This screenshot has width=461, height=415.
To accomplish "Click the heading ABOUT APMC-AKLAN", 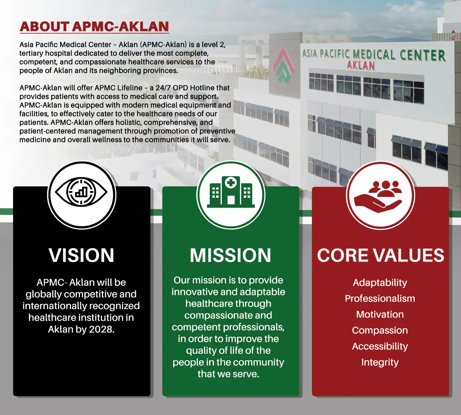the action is (x=94, y=27).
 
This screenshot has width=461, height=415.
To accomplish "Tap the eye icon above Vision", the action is (x=81, y=192).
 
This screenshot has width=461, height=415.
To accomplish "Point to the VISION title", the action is (x=81, y=255).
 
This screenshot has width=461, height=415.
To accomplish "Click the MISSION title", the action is (x=230, y=255).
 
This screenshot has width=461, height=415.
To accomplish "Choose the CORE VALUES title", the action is (x=381, y=255).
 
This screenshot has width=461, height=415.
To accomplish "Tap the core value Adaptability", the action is (x=380, y=283).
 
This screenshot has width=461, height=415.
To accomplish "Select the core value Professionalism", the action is (x=380, y=298).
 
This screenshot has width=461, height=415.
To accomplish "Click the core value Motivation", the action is (x=380, y=314).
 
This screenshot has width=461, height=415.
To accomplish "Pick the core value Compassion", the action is (x=380, y=330).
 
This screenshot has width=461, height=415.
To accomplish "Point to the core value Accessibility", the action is (x=380, y=346).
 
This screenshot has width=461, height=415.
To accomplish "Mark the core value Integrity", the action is (x=380, y=362).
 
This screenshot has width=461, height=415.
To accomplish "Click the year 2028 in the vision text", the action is (x=102, y=329).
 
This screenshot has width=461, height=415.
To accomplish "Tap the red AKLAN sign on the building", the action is (x=361, y=66).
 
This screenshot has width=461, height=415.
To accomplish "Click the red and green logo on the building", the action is (x=283, y=64).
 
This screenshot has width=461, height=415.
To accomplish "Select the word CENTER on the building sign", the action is (x=422, y=55).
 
